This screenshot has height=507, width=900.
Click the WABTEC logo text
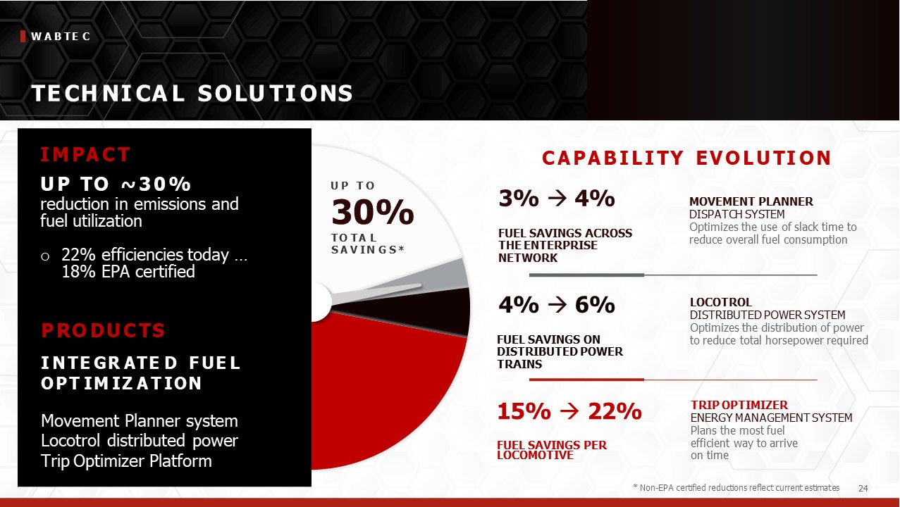tap(61, 37)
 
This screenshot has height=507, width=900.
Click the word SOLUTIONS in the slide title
tap(276, 94)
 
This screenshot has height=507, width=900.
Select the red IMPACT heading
tap(85, 154)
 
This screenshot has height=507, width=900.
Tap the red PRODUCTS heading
tap(104, 330)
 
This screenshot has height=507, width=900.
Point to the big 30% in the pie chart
tap(372, 211)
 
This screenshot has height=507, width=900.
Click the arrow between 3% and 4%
tap(557, 198)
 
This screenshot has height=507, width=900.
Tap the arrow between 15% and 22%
tap(569, 411)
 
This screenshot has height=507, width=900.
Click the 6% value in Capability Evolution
tap(595, 305)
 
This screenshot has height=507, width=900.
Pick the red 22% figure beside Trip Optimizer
tap(615, 411)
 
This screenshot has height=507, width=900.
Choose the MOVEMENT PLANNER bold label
tap(751, 201)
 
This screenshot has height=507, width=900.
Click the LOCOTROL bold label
tap(720, 302)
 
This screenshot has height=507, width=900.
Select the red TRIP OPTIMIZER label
tap(739, 405)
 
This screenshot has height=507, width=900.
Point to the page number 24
tap(863, 488)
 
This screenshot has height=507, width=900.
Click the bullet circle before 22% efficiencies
tap(45, 256)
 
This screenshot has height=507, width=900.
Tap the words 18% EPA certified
tap(128, 272)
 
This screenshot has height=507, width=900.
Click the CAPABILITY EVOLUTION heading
tap(686, 158)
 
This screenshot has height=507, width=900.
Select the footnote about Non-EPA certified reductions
tap(736, 488)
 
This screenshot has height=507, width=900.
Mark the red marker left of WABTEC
tap(23, 37)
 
